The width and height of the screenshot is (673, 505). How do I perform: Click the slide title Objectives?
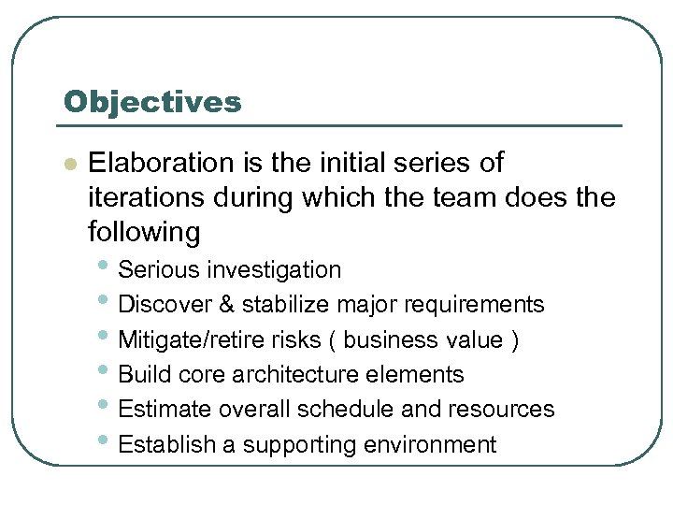pos(151,101)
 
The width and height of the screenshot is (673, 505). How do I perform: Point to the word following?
pos(144,231)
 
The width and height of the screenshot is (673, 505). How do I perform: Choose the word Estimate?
pos(165,410)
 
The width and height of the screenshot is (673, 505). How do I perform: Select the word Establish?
pos(168,444)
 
